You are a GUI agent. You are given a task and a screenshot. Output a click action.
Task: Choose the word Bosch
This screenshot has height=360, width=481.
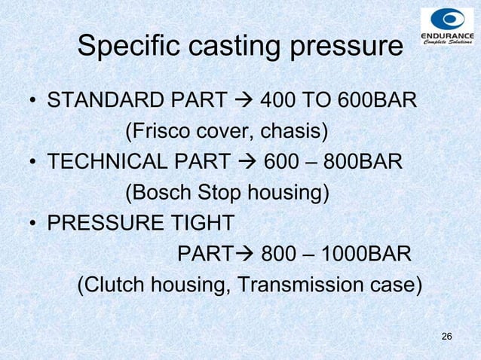point(155,194)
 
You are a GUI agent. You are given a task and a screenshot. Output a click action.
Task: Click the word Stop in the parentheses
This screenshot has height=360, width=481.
point(215,194)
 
